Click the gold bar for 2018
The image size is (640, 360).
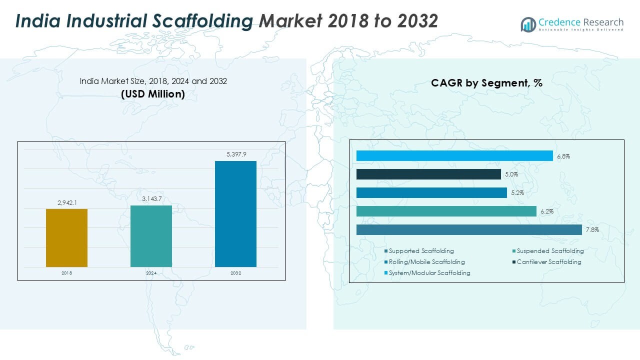click(x=66, y=238)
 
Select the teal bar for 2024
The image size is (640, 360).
click(x=151, y=236)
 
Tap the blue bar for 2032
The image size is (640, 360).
click(x=235, y=214)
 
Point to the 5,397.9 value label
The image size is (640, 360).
click(x=236, y=154)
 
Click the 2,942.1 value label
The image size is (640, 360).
click(x=66, y=202)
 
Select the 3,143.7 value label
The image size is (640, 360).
click(x=151, y=199)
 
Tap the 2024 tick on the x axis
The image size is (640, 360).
click(x=151, y=273)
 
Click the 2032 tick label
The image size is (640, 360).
click(x=235, y=273)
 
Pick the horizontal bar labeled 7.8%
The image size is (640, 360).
click(x=469, y=230)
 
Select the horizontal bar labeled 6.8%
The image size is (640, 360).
click(x=454, y=156)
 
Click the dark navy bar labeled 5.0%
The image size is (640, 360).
click(x=428, y=174)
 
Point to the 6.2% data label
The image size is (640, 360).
click(x=546, y=212)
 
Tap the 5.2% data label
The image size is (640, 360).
click(x=517, y=193)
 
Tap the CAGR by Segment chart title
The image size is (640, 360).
click(x=486, y=83)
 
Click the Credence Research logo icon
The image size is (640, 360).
click(x=528, y=24)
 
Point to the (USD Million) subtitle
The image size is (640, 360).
click(x=153, y=94)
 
